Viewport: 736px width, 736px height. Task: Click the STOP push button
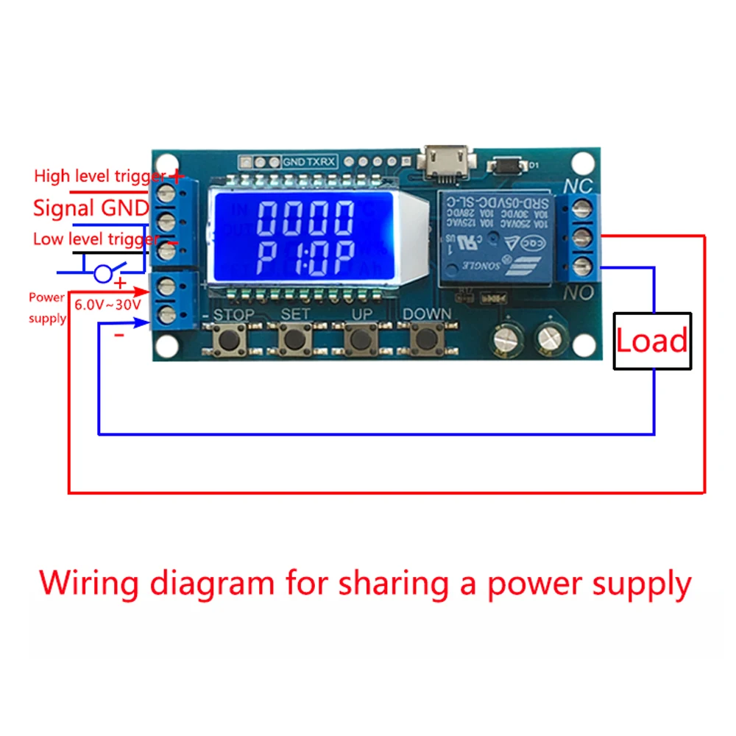(229, 339)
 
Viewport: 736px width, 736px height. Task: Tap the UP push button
(361, 339)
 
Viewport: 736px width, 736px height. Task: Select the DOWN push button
(425, 339)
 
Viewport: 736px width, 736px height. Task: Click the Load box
(652, 340)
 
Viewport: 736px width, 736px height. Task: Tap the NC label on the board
(577, 186)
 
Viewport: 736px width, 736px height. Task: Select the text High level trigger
(100, 176)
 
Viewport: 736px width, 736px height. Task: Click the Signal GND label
(91, 208)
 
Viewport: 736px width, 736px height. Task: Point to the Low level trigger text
(95, 239)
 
